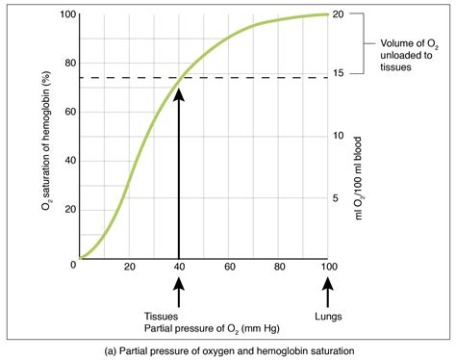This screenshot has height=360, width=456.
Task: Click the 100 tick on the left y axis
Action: (63, 14)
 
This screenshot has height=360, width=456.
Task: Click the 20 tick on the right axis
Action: (339, 14)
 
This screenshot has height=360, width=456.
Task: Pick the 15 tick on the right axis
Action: (339, 75)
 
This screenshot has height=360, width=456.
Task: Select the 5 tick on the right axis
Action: (336, 197)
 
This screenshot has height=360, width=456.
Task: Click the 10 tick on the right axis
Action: (339, 136)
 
